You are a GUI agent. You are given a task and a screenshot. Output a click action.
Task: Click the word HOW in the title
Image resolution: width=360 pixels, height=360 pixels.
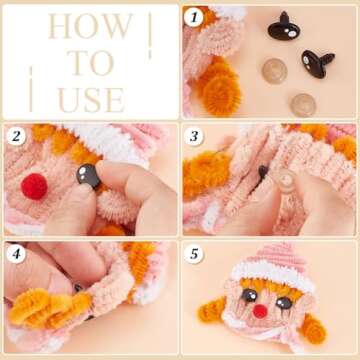click(x=91, y=27)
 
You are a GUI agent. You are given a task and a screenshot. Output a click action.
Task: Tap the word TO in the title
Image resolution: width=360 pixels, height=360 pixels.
click(x=91, y=63)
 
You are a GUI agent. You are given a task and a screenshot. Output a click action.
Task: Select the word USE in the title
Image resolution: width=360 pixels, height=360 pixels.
click(x=91, y=99)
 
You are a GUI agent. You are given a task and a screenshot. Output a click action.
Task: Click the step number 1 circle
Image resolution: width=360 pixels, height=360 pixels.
click(x=194, y=17)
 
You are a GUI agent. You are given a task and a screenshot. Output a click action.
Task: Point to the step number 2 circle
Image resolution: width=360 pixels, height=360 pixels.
click(x=15, y=135)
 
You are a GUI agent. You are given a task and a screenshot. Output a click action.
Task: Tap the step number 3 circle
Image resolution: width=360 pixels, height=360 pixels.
click(x=194, y=135)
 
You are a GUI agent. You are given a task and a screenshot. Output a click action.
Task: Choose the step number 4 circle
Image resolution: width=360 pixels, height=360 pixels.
click(x=15, y=253)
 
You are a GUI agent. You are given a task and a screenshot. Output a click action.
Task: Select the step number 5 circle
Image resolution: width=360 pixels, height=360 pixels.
click(x=194, y=253)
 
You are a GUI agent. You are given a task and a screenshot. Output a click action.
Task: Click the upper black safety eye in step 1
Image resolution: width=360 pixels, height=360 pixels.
click(x=283, y=29)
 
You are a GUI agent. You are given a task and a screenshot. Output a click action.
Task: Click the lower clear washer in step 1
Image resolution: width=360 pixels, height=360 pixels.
click(x=304, y=103)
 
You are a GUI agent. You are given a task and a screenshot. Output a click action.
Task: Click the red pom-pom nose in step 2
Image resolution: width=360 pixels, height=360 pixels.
click(x=35, y=186)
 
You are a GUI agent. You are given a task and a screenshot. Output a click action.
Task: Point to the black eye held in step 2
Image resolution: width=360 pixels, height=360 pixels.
click(x=87, y=177)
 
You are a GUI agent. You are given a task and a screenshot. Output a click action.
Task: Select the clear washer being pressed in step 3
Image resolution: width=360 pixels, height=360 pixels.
click(x=284, y=180)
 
